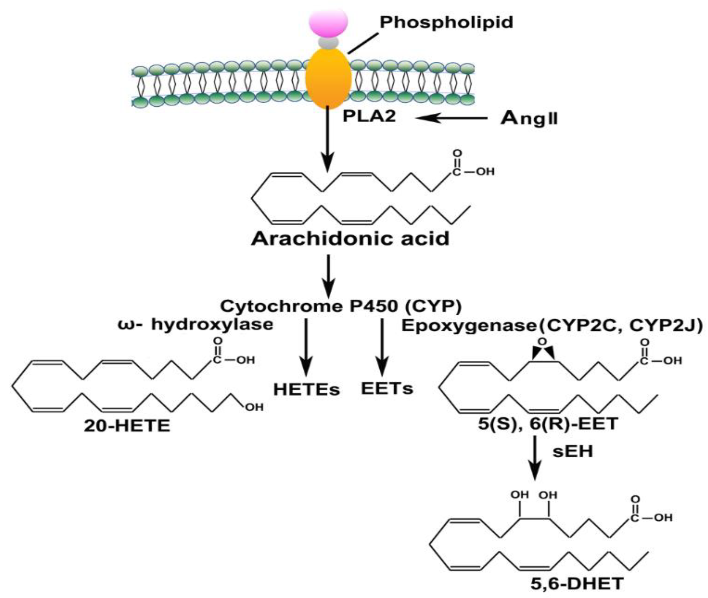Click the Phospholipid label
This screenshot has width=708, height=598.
pyautogui.click(x=446, y=22)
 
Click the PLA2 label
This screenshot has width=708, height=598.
pyautogui.click(x=369, y=116)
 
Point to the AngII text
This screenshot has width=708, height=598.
pyautogui.click(x=529, y=118)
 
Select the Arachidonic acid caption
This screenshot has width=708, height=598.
pyautogui.click(x=350, y=239)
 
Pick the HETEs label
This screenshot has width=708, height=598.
pyautogui.click(x=307, y=390)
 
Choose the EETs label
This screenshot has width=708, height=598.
pyautogui.click(x=387, y=388)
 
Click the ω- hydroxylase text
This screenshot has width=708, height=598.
pyautogui.click(x=195, y=325)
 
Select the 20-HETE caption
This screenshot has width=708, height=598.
pyautogui.click(x=127, y=426)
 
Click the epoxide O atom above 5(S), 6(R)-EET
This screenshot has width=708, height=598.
pyautogui.click(x=542, y=342)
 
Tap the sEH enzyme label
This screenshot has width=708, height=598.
pyautogui.click(x=573, y=452)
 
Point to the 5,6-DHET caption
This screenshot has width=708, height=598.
pyautogui.click(x=577, y=583)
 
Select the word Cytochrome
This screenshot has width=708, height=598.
pyautogui.click(x=282, y=306)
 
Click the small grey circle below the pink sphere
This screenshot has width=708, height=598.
pyautogui.click(x=328, y=43)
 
